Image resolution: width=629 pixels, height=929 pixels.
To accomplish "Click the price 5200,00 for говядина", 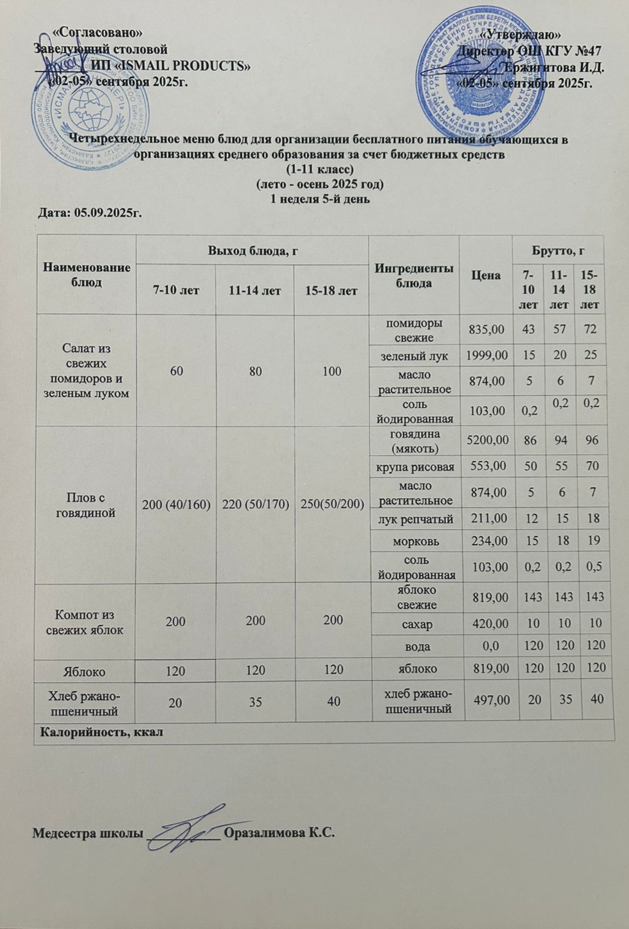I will click(486, 441).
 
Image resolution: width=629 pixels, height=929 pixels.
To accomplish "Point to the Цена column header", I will click(486, 275).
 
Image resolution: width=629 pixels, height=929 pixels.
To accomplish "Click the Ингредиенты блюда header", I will click(413, 275).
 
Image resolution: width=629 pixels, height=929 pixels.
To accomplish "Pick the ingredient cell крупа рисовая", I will click(413, 466).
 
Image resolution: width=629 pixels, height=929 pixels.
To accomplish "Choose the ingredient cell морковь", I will click(413, 541).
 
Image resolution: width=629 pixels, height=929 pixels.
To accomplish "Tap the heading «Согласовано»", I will click(97, 33).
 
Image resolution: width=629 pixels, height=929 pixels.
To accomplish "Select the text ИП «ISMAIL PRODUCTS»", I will click(171, 65).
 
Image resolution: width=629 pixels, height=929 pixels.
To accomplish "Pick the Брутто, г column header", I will click(558, 251).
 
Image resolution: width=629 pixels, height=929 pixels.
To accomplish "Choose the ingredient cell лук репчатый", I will click(413, 517).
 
